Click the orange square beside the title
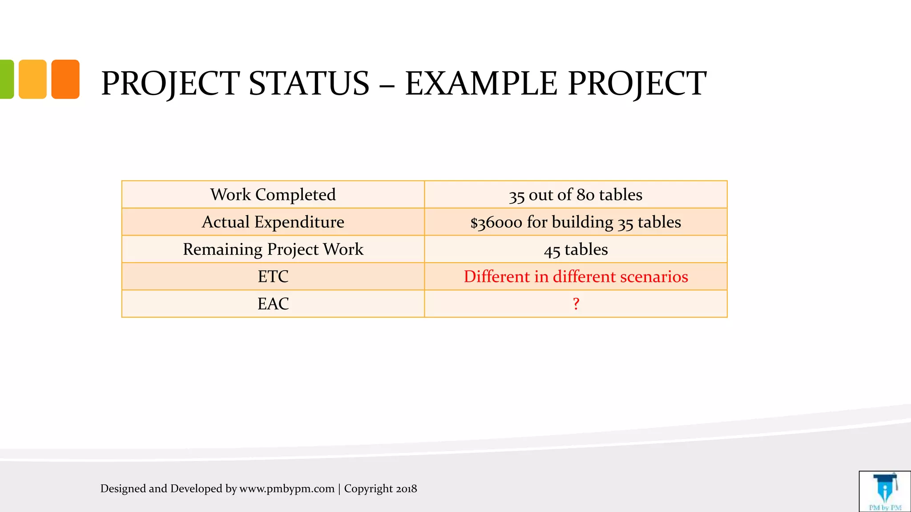(x=65, y=79)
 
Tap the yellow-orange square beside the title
(x=32, y=79)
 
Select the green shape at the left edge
(x=6, y=79)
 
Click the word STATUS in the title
(x=309, y=84)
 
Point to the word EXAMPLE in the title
(x=481, y=84)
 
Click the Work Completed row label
(x=273, y=195)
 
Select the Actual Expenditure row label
(x=273, y=222)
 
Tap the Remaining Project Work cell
(x=273, y=249)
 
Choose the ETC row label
(x=273, y=276)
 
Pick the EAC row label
(x=273, y=304)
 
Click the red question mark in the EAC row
(x=576, y=304)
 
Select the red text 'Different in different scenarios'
(x=576, y=276)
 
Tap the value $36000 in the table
(x=496, y=222)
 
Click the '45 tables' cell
(x=576, y=249)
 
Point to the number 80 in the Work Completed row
(x=585, y=195)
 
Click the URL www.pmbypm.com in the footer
(x=287, y=489)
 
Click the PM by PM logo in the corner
(x=885, y=492)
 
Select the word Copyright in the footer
(x=368, y=489)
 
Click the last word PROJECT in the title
(x=637, y=84)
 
